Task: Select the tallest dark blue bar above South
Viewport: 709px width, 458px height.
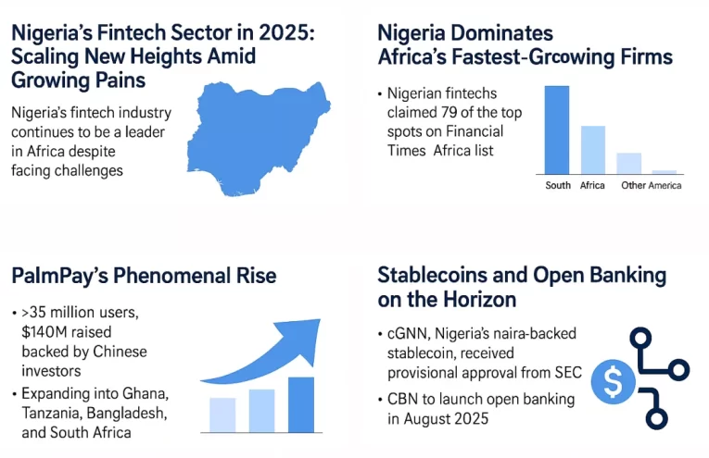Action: coord(557,129)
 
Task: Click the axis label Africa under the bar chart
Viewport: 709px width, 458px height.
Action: coord(592,185)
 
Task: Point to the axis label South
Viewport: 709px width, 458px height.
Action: coord(558,185)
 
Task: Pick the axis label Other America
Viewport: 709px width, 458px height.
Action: coord(652,185)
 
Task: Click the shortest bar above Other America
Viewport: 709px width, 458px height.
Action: coord(665,171)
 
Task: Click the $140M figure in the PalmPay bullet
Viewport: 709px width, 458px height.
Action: coord(47,332)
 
